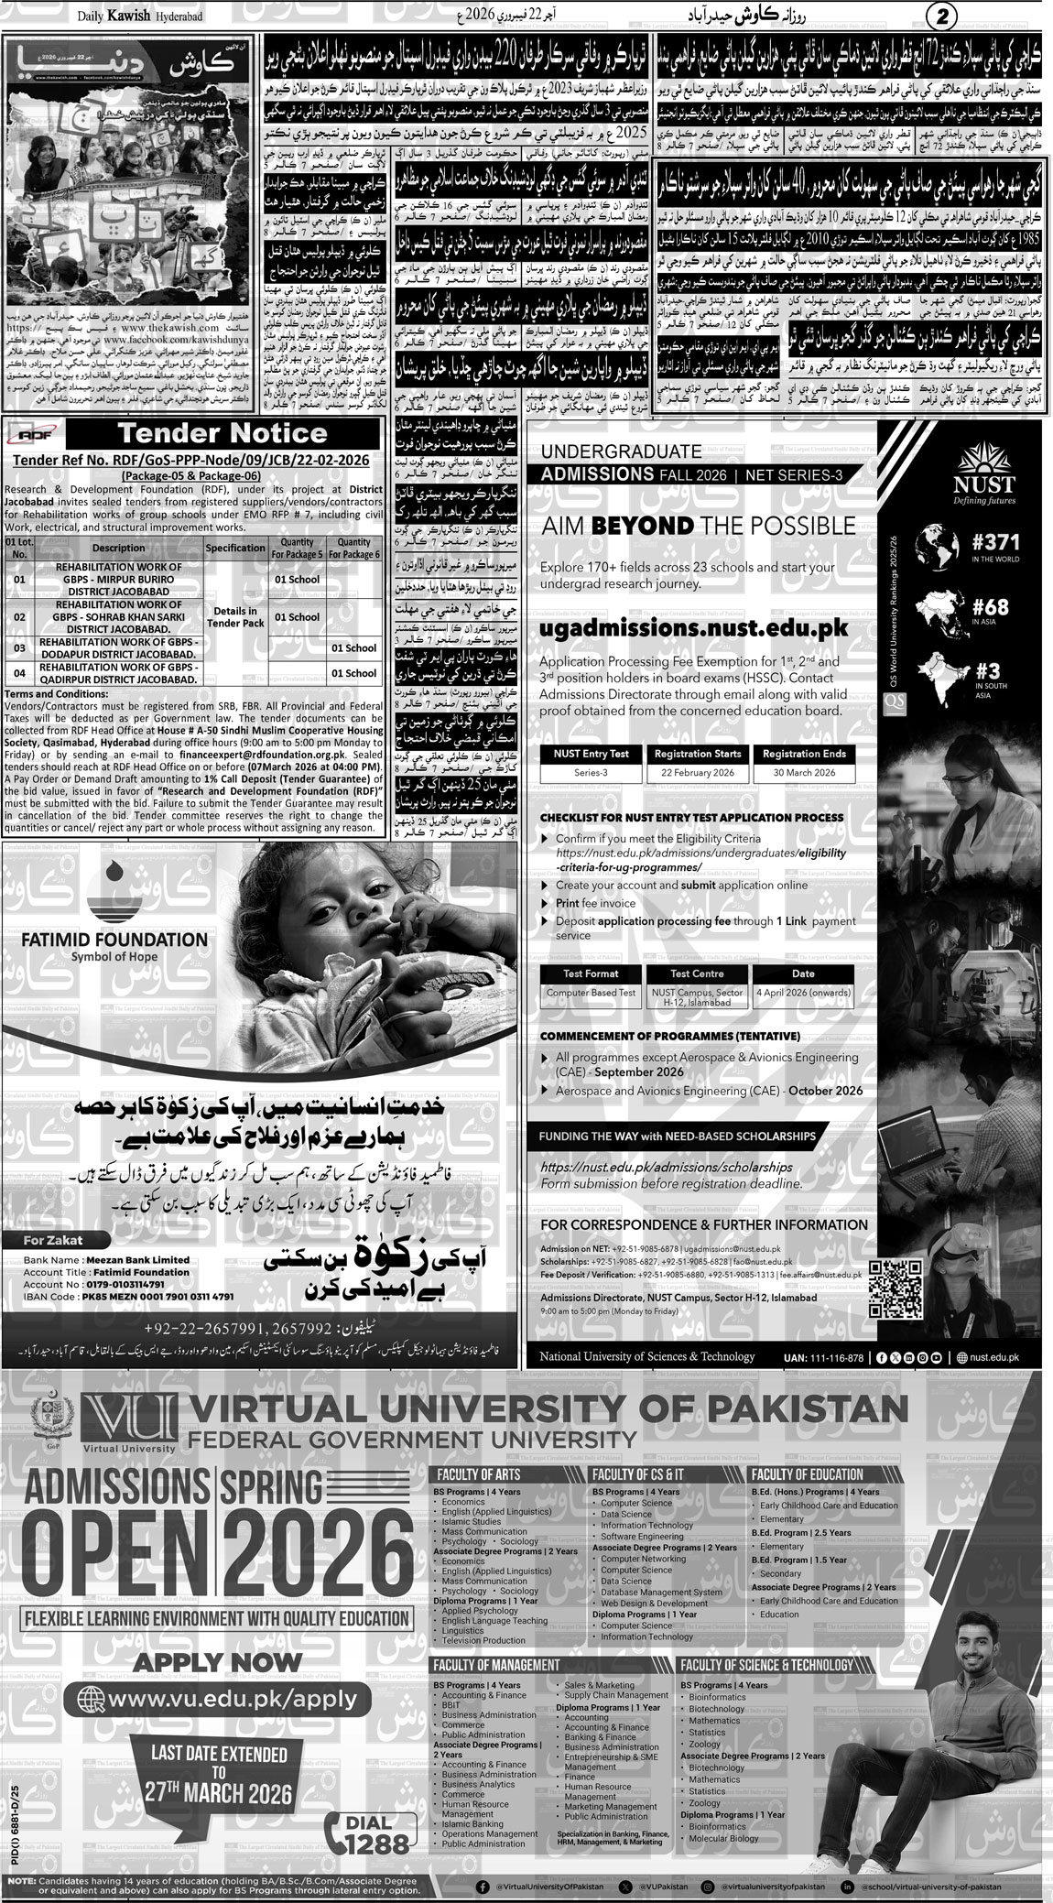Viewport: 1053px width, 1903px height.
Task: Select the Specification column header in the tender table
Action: click(235, 548)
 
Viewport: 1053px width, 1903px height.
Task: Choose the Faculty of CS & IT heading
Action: click(638, 1473)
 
